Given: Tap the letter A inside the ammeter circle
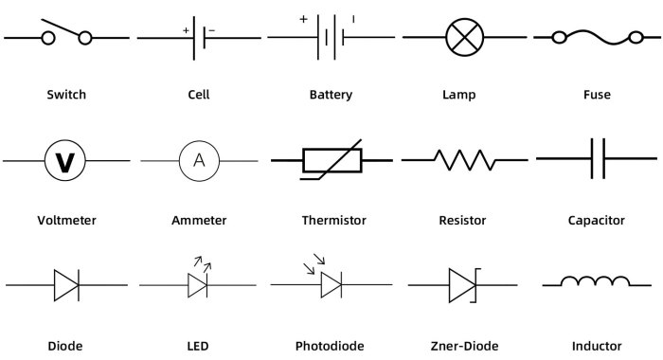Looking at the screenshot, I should [199, 160].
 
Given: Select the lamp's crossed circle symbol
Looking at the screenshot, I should [464, 38].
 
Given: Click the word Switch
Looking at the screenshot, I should [66, 95].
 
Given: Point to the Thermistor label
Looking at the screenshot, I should [333, 221].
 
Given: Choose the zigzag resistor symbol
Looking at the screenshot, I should [464, 159].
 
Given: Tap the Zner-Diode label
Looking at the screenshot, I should [463, 346].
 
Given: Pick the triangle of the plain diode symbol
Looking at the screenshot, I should [65, 284].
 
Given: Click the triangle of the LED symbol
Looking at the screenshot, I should [198, 284].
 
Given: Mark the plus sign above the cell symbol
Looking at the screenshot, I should [187, 30].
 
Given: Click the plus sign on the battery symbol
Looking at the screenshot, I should [303, 18].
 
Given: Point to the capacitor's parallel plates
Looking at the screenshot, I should [598, 159].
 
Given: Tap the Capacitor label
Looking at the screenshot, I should [596, 221].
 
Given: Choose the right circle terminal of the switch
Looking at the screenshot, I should [85, 38].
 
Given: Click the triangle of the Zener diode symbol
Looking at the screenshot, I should [461, 284].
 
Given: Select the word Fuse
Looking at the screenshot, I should [597, 95].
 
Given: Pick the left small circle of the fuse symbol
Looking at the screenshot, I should [560, 38].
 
